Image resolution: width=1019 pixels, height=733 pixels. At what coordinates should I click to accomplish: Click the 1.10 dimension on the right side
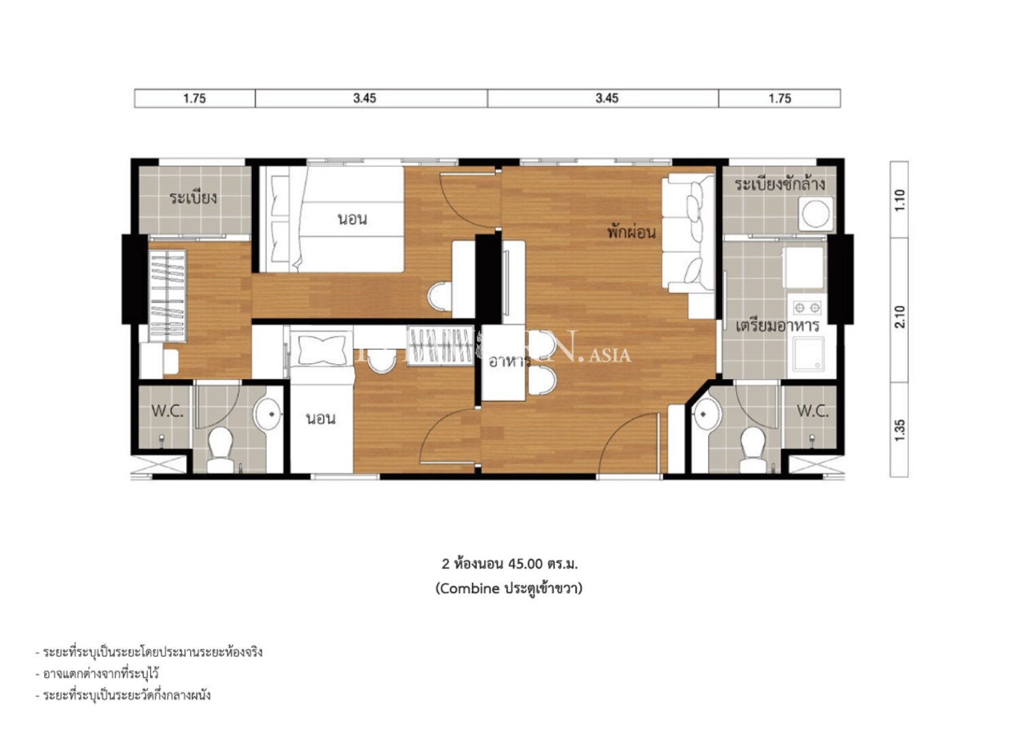[x=899, y=200]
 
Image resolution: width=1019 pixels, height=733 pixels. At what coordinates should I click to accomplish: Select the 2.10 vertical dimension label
[x=899, y=317]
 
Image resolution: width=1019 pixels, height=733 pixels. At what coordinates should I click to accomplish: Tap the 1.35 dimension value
[x=899, y=430]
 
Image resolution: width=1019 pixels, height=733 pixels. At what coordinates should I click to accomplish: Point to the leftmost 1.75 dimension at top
[x=194, y=99]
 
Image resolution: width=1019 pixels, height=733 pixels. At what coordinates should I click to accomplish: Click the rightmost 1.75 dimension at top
[x=780, y=99]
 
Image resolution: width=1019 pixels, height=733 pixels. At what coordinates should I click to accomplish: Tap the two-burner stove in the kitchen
[x=806, y=308]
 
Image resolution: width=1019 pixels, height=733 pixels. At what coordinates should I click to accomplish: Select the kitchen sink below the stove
[x=807, y=354]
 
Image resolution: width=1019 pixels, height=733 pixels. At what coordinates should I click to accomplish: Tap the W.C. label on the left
[x=167, y=411]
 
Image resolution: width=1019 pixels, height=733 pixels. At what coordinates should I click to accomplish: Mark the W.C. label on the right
[x=812, y=411]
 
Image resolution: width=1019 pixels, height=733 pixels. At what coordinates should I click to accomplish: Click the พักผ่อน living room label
[x=631, y=232]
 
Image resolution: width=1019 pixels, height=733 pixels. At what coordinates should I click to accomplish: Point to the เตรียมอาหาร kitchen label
[x=777, y=325]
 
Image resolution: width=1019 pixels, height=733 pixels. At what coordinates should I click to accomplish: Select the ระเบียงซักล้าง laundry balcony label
[x=779, y=184]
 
